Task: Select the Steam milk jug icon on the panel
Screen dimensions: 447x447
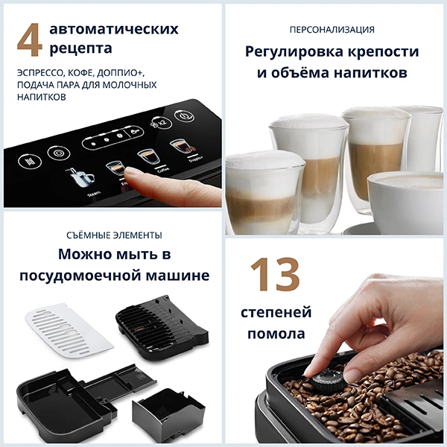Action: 80,179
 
